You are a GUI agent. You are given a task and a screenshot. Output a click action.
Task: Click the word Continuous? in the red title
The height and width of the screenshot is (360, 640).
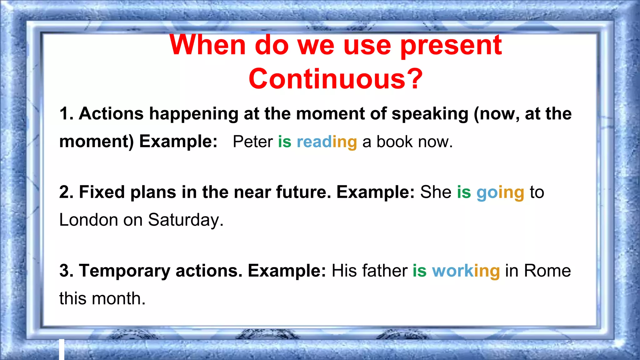click(335, 79)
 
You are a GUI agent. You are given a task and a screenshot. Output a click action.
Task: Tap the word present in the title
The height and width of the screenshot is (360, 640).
click(451, 46)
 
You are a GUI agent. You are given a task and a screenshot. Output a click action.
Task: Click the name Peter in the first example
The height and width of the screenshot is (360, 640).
click(253, 142)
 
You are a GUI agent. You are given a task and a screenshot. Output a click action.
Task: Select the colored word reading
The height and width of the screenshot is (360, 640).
click(327, 142)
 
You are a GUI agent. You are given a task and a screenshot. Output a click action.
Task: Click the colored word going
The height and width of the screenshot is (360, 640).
click(500, 192)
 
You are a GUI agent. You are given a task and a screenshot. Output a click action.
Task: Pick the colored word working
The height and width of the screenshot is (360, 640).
click(466, 271)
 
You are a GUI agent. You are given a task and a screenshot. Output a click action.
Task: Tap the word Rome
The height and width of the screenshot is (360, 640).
click(547, 270)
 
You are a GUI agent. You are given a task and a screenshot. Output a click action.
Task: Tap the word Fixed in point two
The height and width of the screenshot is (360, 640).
click(102, 192)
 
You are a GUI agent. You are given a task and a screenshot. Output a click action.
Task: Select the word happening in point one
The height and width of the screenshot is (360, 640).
click(194, 114)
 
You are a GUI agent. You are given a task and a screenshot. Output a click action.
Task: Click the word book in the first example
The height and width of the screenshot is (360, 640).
click(394, 142)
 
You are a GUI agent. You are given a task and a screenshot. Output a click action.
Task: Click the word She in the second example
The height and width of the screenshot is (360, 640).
click(436, 192)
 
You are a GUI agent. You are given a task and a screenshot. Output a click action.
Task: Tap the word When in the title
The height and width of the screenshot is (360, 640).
click(208, 46)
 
